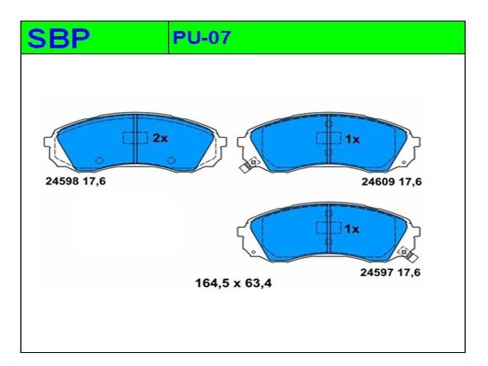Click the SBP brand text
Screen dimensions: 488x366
[x=58, y=38]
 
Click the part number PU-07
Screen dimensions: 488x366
[x=202, y=38]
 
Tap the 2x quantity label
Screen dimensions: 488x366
[x=160, y=138]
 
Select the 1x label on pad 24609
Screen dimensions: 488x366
[x=352, y=139]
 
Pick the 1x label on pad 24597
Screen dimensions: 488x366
[x=352, y=229]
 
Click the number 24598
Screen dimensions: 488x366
[x=62, y=181]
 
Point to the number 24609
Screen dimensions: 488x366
[x=378, y=181]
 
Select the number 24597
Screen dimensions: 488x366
[x=377, y=272]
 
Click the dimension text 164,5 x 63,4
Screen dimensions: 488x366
[x=233, y=283]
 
